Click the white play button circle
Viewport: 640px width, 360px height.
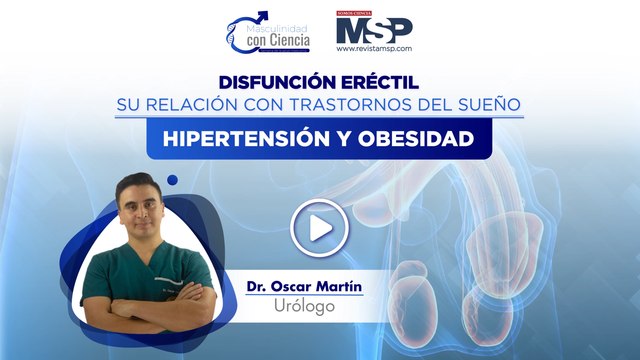tap(319, 229)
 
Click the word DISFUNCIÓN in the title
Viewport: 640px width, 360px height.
tap(269, 82)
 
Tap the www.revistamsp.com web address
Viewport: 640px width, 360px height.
tap(374, 48)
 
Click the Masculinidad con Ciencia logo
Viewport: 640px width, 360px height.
tap(267, 32)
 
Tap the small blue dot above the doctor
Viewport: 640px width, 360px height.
tap(172, 180)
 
